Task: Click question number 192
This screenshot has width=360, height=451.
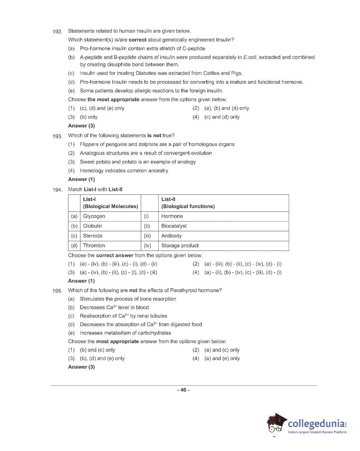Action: pos(57,32)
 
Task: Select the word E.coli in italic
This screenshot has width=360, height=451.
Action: pos(250,57)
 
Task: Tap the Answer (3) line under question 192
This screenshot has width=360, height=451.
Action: pos(81,126)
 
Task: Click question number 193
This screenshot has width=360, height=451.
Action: pos(57,136)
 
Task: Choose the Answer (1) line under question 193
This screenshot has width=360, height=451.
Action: pos(81,179)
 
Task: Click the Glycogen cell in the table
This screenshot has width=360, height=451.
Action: pos(94,216)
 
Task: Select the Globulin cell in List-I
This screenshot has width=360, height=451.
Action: pos(92,226)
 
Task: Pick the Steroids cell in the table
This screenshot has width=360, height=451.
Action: pos(92,236)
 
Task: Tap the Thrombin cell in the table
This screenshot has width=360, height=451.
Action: pos(94,246)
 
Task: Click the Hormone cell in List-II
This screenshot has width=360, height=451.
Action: pos(172,216)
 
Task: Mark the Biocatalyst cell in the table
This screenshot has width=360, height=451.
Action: pos(174,226)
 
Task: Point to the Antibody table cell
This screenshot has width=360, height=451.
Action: pos(171,236)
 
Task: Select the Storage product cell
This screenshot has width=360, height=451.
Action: pos(180,246)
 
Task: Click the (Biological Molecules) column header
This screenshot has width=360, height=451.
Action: pos(110,206)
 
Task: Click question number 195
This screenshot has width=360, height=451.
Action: pos(57,291)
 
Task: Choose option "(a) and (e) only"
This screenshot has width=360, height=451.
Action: pos(222,358)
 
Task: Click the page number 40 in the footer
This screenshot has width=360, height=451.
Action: pos(183,390)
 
